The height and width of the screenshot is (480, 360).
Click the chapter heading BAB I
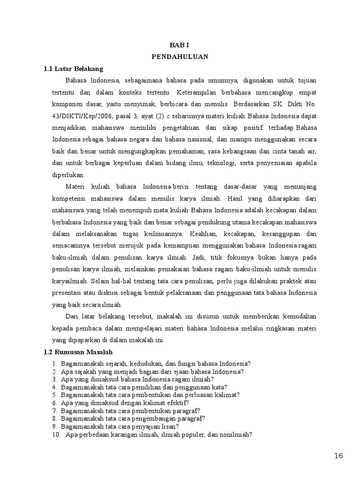(x=180, y=45)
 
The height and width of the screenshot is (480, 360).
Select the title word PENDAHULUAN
(x=180, y=57)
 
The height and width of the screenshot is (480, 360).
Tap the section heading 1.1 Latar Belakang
(x=73, y=68)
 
